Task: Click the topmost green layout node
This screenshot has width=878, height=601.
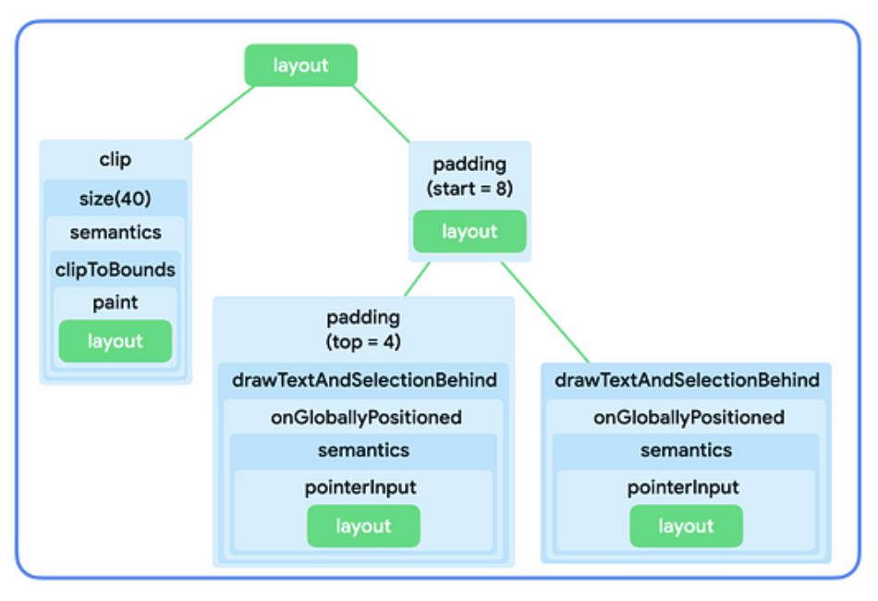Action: click(300, 66)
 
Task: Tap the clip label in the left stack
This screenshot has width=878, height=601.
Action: click(116, 160)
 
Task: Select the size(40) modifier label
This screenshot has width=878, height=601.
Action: click(116, 200)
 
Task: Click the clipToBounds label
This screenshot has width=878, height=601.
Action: click(116, 270)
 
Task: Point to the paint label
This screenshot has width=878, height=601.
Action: click(116, 303)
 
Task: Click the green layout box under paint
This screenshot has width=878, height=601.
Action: click(116, 341)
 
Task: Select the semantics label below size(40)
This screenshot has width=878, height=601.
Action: click(116, 233)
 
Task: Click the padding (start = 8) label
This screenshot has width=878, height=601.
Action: click(469, 176)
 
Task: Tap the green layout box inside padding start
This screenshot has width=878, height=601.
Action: click(469, 231)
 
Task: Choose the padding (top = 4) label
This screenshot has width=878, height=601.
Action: click(363, 328)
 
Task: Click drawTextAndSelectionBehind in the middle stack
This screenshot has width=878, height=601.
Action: click(363, 380)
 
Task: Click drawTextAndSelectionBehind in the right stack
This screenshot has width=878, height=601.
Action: click(686, 380)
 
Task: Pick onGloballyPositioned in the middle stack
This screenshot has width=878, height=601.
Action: click(363, 417)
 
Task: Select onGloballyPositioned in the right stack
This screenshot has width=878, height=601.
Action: click(686, 417)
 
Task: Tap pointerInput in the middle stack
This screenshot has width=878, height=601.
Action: click(363, 487)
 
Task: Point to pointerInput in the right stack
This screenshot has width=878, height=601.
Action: click(686, 487)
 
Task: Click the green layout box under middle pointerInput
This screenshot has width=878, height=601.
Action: click(363, 526)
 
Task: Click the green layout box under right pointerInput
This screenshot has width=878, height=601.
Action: click(686, 526)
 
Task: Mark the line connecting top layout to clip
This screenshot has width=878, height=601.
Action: click(220, 113)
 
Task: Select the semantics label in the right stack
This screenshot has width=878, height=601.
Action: click(686, 451)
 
